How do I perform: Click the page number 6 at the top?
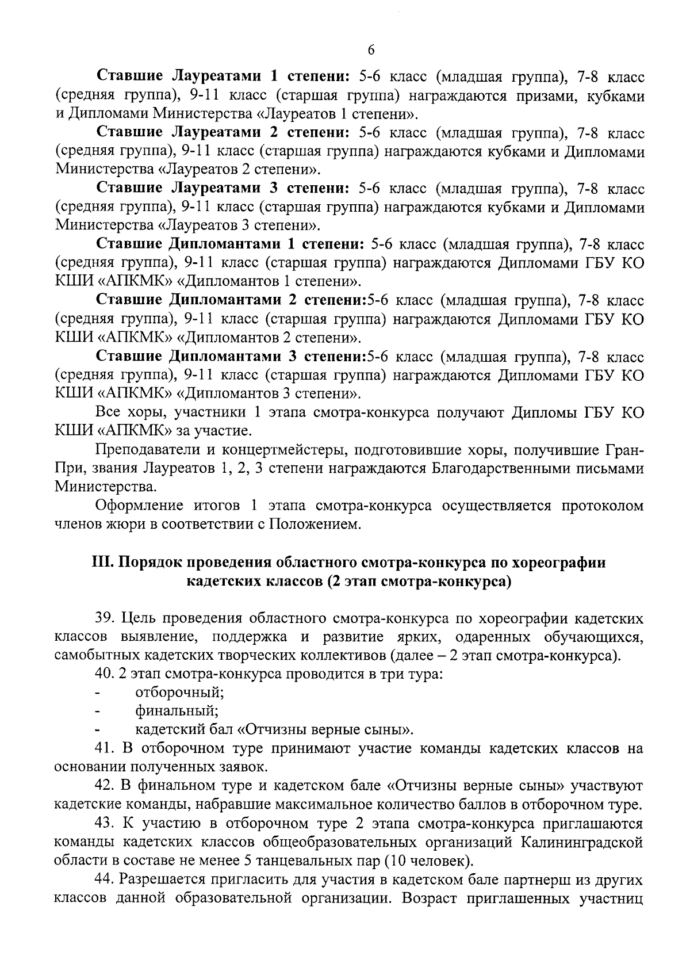[x=370, y=51]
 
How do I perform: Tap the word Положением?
[x=315, y=525]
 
